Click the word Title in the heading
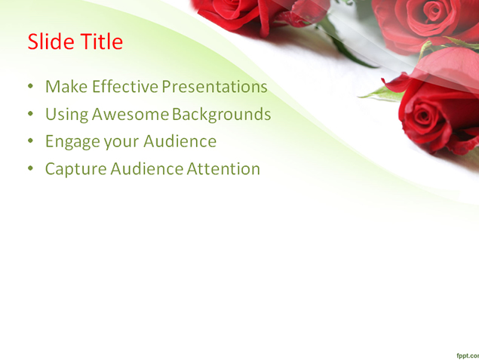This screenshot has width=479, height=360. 102,42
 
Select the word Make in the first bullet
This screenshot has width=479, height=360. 66,87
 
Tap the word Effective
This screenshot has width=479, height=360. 125,87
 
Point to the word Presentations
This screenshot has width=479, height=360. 215,87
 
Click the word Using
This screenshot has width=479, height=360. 67,115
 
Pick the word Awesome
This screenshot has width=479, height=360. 130,114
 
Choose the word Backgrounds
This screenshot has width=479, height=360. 222,114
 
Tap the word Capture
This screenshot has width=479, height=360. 75,169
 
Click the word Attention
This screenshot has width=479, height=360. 223,169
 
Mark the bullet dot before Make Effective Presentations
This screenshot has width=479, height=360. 30,86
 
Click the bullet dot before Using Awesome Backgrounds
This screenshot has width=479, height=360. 30,114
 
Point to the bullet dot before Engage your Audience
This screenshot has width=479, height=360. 30,141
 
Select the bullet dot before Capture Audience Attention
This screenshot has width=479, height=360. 30,168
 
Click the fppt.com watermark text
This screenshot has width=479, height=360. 468,355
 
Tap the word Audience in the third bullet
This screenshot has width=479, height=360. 180,141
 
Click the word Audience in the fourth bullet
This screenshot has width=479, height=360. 146,169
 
